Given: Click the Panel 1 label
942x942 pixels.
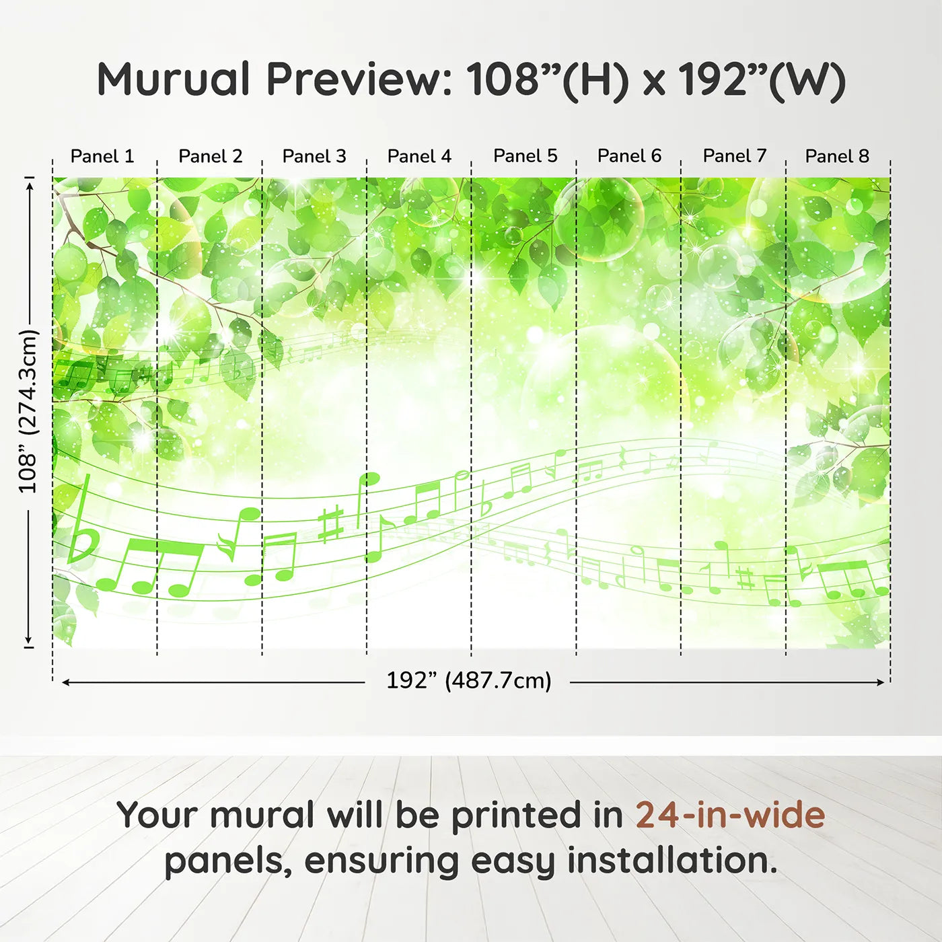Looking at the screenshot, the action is click(x=102, y=156).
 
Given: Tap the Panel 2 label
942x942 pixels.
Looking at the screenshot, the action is click(x=210, y=156).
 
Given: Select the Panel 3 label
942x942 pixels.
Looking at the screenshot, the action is click(x=314, y=156).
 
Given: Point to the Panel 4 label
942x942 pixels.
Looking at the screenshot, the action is click(x=419, y=156).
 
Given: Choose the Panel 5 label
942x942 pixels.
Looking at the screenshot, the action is click(x=526, y=156).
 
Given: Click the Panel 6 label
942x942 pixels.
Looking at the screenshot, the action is click(x=630, y=156).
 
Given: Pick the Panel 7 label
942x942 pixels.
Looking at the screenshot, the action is click(x=735, y=156).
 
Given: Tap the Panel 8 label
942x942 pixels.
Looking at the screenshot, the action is click(x=838, y=156).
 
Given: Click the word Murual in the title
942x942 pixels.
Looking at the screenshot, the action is click(x=174, y=79).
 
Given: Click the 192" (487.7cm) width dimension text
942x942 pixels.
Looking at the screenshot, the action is click(x=469, y=681).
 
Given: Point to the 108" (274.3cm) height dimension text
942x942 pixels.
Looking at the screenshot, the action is click(x=28, y=410).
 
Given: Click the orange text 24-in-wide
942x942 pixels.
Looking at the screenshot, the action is click(x=730, y=814).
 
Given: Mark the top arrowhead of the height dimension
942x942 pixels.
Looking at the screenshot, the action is click(x=30, y=186).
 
